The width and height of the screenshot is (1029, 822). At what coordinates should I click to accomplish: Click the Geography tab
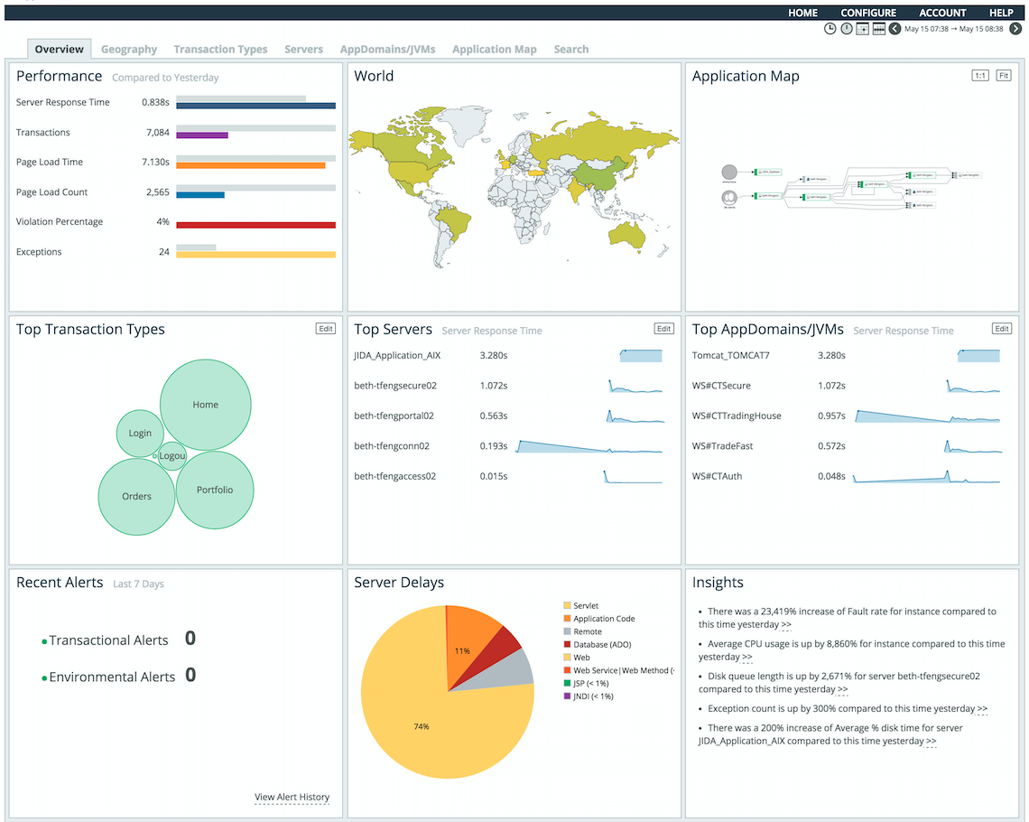point(129,50)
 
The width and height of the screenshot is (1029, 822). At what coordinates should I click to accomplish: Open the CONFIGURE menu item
point(868,13)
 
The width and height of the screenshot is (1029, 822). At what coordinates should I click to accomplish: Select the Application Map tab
point(494,50)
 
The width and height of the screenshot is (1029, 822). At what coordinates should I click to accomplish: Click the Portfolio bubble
point(215,490)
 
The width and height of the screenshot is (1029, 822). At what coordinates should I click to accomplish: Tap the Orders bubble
point(136,496)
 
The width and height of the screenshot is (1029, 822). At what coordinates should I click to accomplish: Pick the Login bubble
point(140,434)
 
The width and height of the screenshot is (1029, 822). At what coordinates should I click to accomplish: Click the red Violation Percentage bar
point(255,225)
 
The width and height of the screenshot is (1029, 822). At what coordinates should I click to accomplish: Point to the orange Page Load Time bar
point(250,165)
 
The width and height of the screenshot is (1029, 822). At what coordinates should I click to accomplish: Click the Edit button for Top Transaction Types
point(326,329)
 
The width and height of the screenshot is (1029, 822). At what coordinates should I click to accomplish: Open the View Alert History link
point(292,797)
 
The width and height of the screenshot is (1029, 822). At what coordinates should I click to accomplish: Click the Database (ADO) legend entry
point(602,645)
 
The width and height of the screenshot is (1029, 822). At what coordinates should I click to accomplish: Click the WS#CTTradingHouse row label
point(737,416)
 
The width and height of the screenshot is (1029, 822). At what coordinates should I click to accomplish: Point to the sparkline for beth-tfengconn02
point(589,445)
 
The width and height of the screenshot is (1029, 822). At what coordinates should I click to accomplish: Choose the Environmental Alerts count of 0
point(190,676)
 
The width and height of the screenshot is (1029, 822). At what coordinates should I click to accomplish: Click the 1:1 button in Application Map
point(979,76)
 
